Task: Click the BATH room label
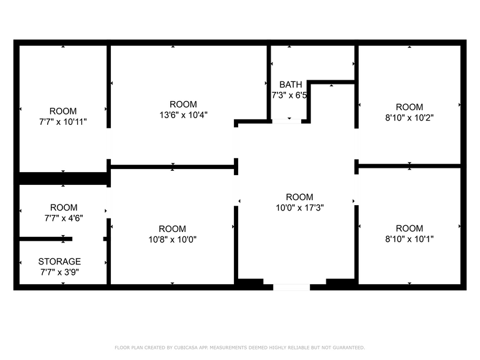pos(290,84)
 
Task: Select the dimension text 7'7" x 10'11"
pos(63,121)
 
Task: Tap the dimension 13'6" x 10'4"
pos(183,114)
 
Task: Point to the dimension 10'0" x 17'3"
pos(299,208)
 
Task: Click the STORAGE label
pos(59,261)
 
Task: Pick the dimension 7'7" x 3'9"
pos(59,272)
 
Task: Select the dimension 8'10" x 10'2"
pos(409,117)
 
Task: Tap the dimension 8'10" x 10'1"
pos(409,239)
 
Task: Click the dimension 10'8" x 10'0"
pos(172,239)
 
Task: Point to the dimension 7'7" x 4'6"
pos(63,218)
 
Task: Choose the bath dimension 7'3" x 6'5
pos(289,95)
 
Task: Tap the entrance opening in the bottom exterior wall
pos(291,286)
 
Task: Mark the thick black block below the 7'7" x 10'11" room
pos(62,179)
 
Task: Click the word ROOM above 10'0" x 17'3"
pos(299,197)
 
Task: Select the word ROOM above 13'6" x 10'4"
pos(183,104)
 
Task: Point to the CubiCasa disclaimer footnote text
pos(239,347)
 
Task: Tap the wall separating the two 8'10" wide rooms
pos(409,165)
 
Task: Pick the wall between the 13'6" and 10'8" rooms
pos(173,166)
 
